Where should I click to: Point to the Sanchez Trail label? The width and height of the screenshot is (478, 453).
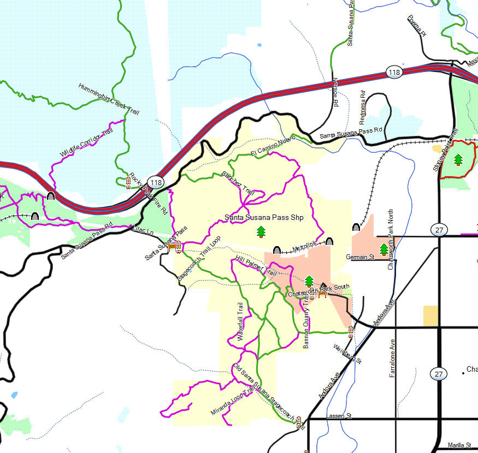click(x=238, y=183)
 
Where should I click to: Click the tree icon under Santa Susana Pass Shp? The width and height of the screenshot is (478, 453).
click(x=261, y=231)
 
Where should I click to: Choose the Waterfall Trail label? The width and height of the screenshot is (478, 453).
click(x=240, y=321)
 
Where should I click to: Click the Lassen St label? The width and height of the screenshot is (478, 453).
click(x=339, y=416)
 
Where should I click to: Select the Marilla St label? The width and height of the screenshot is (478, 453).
click(x=459, y=445)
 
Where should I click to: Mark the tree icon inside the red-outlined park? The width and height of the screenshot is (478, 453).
click(x=458, y=159)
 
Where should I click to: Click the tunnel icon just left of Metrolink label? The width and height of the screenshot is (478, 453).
click(x=277, y=251)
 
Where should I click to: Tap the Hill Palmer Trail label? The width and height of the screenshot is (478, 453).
click(x=256, y=264)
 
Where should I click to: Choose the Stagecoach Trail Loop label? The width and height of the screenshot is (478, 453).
click(x=199, y=259)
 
